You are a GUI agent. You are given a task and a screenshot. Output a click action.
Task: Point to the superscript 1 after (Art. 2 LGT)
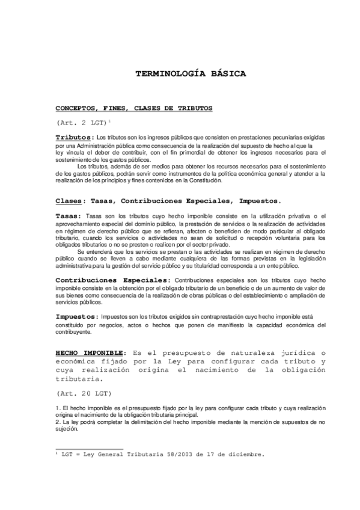click(x=110, y=121)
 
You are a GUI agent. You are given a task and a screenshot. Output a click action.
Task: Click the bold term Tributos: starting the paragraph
click(x=75, y=137)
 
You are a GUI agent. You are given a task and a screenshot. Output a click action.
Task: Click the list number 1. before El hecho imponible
click(x=58, y=408)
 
